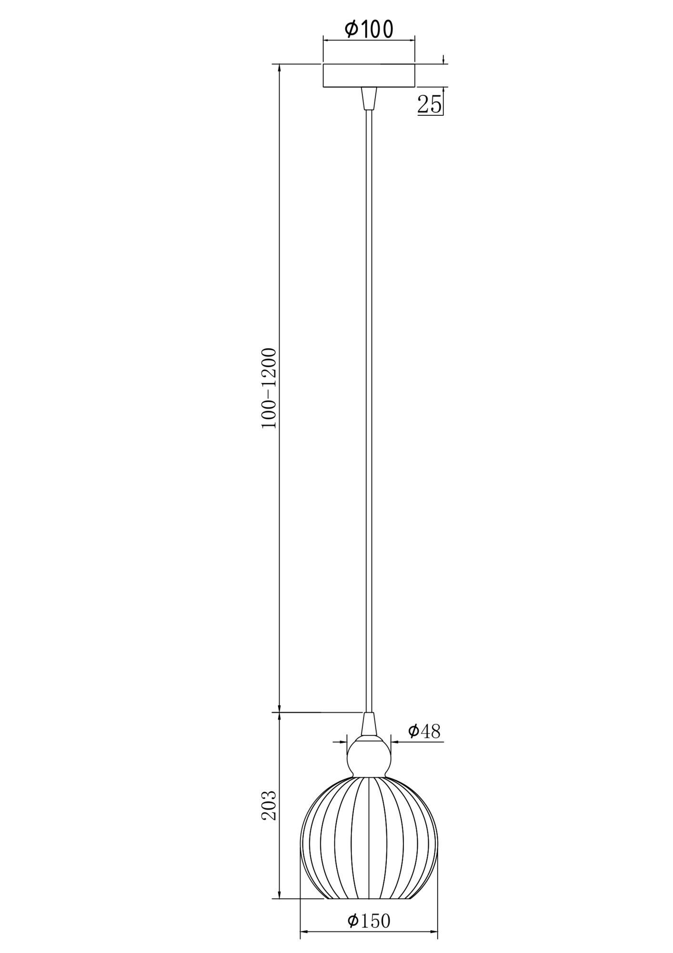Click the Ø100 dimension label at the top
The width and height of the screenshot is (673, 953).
tap(369, 30)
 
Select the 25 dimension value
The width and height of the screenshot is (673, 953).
tap(429, 104)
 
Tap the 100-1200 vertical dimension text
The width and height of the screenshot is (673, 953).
tap(269, 388)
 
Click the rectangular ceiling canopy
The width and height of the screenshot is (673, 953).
tap(369, 75)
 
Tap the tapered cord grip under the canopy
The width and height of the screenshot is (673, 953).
tap(369, 98)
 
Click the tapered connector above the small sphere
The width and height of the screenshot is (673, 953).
tap(369, 737)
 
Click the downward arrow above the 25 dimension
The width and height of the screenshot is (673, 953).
tap(443, 61)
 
